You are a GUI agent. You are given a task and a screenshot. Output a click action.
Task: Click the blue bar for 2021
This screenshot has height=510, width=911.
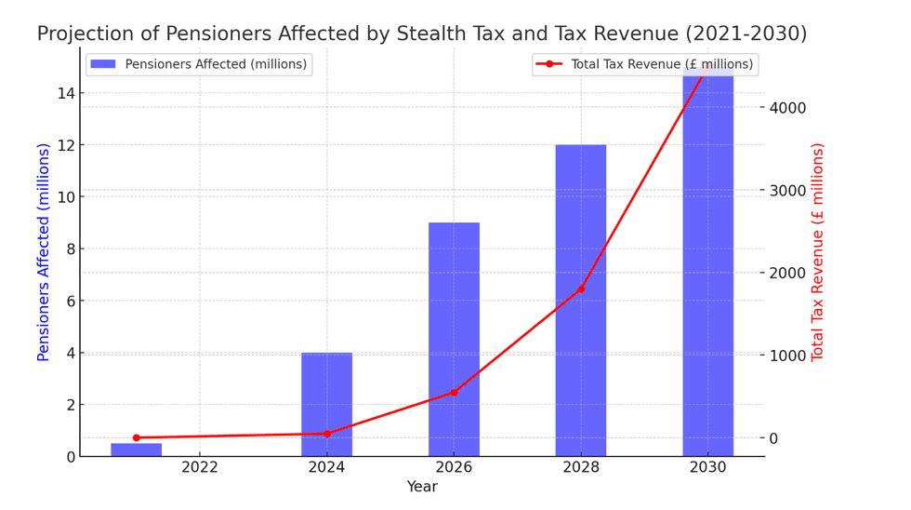(136, 450)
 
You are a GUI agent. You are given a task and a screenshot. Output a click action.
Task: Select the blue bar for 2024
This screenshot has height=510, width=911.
(326, 404)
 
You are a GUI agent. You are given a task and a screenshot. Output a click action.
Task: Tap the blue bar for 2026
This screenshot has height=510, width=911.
(454, 339)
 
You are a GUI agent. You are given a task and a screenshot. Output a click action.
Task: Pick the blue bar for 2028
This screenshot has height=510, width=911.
(581, 300)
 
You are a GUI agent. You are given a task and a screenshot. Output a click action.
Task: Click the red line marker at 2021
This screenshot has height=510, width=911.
(136, 437)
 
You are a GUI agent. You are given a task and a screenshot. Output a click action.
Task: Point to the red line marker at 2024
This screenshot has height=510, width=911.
(326, 434)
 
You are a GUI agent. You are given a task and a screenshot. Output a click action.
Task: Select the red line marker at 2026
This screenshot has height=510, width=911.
(454, 393)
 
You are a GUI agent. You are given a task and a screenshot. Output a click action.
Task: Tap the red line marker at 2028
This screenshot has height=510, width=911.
(581, 289)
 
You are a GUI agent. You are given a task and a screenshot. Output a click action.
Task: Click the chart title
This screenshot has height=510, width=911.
(421, 34)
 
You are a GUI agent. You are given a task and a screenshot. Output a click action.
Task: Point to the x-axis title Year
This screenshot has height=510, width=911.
(421, 487)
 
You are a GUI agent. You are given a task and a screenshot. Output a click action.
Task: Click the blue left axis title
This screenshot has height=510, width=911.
(43, 251)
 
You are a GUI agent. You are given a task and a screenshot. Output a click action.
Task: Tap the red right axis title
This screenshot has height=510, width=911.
(818, 251)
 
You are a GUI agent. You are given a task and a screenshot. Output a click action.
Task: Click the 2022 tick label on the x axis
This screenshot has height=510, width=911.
(200, 467)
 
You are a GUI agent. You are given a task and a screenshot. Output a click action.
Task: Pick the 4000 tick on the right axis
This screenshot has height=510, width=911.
(787, 107)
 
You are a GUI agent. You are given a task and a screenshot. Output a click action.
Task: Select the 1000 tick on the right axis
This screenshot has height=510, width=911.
(787, 356)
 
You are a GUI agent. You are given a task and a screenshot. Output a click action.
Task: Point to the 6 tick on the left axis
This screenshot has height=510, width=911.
(69, 301)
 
